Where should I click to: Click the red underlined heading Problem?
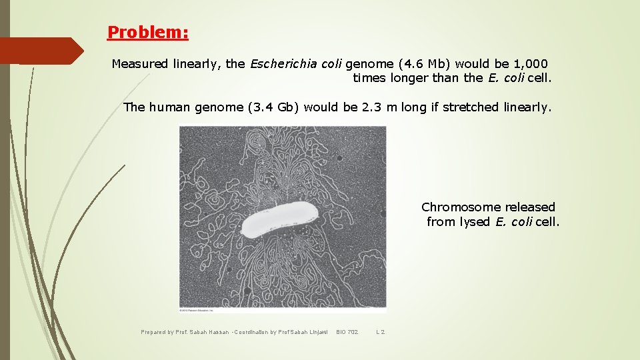148,32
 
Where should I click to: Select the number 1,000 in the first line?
531,64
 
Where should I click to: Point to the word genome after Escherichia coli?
369,64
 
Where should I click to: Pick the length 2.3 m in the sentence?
379,107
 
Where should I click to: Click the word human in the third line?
170,107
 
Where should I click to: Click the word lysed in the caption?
477,222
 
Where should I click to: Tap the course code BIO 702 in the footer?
347,331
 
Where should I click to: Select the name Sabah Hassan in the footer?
208,331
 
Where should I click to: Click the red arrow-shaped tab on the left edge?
40,51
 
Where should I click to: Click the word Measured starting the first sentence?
140,64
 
